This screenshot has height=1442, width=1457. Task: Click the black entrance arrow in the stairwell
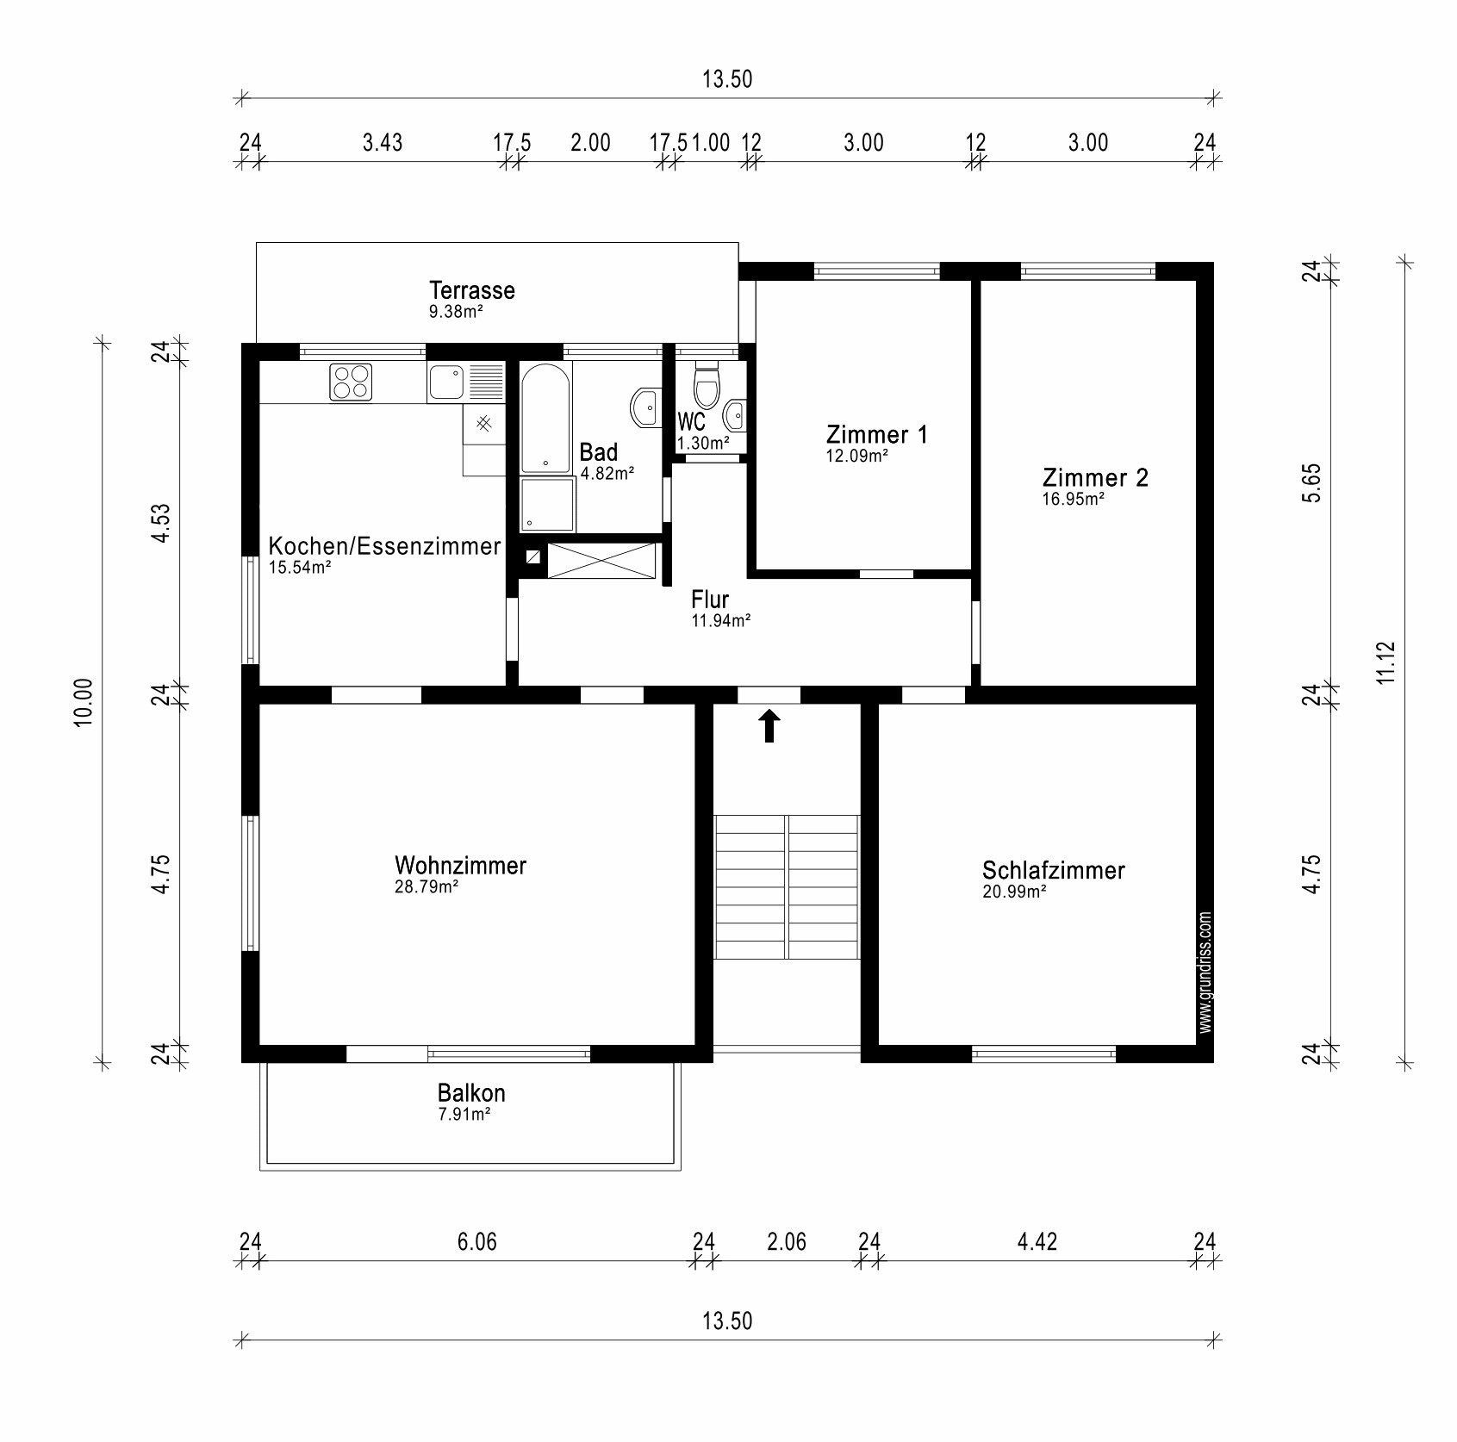point(769,725)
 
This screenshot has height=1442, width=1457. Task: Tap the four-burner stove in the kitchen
point(351,382)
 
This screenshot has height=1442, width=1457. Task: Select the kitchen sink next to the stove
point(466,382)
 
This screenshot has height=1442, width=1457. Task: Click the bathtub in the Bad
point(545,417)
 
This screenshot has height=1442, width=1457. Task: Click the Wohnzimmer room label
point(460,865)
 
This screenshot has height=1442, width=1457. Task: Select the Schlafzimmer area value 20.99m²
point(1014,892)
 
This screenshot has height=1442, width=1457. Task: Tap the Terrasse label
point(472,290)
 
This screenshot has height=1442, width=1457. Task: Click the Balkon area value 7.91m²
point(464,1114)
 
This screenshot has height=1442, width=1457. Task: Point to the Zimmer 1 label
point(877,434)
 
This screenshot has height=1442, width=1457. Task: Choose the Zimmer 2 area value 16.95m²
point(1074,499)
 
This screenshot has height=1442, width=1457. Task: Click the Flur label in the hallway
point(710,600)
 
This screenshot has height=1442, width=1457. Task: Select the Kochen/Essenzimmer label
point(384,546)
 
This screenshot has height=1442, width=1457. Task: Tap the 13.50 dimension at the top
point(727,79)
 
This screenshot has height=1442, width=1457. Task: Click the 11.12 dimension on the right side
point(1385,662)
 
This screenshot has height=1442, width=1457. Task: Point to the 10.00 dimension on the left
point(84,703)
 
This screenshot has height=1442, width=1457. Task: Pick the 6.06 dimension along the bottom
point(476,1241)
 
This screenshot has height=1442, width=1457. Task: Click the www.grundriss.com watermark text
point(1205,973)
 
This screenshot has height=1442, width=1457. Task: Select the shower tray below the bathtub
point(547,505)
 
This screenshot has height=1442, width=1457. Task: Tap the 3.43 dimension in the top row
point(382,142)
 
